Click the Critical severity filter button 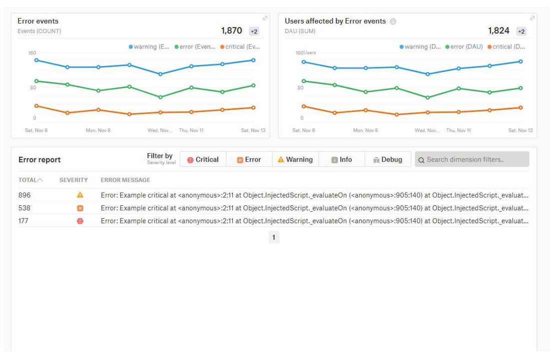tap(203, 160)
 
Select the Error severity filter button tap(249, 160)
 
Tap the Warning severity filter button tap(295, 160)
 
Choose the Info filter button tap(341, 160)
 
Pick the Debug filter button tap(387, 160)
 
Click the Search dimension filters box tap(472, 160)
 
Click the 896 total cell tap(24, 195)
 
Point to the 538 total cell tap(24, 208)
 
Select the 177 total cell tap(23, 221)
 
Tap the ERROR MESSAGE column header tap(125, 180)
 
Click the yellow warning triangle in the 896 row tap(80, 195)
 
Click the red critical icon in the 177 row tap(80, 221)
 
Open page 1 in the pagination tap(274, 237)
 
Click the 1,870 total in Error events tap(231, 31)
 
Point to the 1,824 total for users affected tap(498, 31)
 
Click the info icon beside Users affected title tap(393, 22)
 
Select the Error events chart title tap(38, 21)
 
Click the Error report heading tap(40, 160)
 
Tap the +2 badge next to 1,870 tap(254, 32)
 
